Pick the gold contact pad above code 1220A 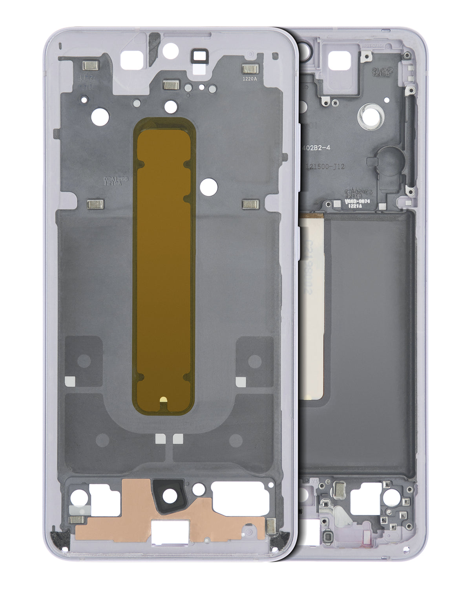pyautogui.click(x=250, y=70)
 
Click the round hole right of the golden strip pyautogui.click(x=208, y=187)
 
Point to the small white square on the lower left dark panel pyautogui.click(x=69, y=380)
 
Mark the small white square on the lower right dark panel pyautogui.click(x=241, y=380)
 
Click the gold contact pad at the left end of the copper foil pyautogui.click(x=77, y=519)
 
